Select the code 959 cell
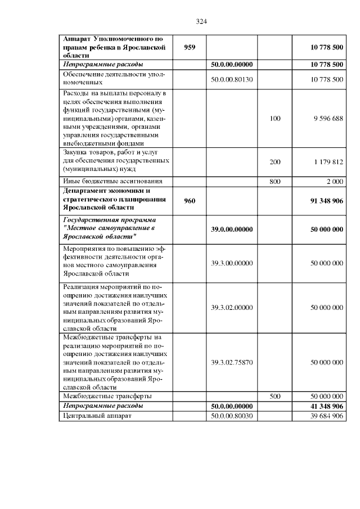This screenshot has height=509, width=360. [190, 48]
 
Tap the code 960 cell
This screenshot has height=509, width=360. [190, 201]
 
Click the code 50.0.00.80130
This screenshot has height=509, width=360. [232, 80]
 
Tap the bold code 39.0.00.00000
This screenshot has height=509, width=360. [232, 229]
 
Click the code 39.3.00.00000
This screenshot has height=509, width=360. [232, 263]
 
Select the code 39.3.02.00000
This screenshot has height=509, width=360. [232, 308]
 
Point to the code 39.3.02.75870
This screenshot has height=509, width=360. [232, 362]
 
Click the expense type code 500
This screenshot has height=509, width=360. [275, 396]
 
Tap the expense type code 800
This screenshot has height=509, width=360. [275, 181]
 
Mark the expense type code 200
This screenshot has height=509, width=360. [275, 161]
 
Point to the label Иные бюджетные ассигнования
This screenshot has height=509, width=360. [112, 181]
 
